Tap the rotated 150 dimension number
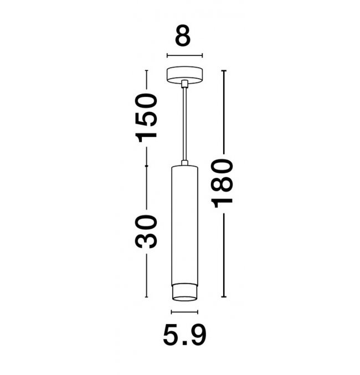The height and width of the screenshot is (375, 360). tap(146, 118)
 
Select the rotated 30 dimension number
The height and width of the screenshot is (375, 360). tap(146, 232)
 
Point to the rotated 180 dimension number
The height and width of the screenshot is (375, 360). tap(222, 183)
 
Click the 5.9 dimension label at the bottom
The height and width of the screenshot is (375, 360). tap(184, 335)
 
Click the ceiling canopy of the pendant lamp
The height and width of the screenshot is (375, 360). tap(184, 75)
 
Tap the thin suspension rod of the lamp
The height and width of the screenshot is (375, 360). tap(184, 124)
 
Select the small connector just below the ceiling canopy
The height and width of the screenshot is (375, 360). tap(184, 84)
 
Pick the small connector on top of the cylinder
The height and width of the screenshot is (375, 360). tap(184, 163)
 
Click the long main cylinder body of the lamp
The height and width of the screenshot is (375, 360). tap(184, 225)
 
